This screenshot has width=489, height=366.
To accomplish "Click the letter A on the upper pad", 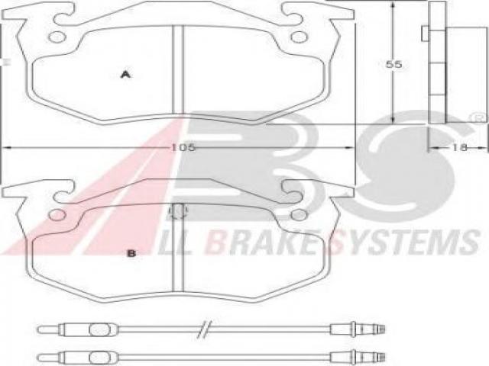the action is coord(125,75).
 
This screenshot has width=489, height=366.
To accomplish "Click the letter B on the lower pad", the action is coord(131,253).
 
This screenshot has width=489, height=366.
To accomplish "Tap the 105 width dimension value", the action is coord(183,147).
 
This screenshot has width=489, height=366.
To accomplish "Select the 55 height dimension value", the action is coord(394,64).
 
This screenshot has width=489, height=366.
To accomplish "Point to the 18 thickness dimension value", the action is coord(460,147).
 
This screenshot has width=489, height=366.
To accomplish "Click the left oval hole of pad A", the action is coord(57,37).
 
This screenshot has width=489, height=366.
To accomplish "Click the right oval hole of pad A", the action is coord(299,37).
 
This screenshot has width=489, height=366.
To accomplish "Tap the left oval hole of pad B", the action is coord(57,214).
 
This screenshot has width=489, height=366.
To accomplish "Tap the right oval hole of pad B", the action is coord(299,214).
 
